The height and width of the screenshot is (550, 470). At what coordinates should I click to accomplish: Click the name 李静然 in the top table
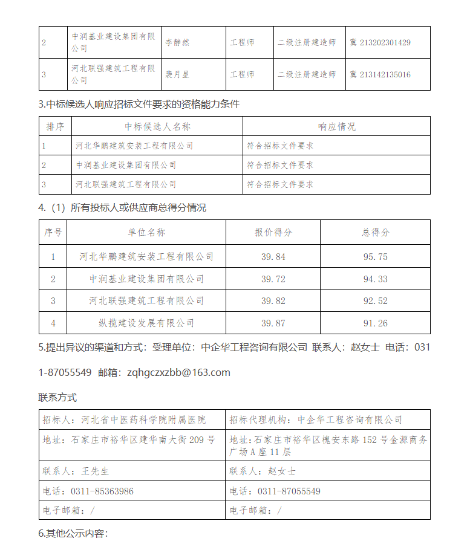pos(178,43)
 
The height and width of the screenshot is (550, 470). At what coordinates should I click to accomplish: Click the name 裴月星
pos(178,74)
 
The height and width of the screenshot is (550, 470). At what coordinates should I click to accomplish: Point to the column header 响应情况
pos(337,126)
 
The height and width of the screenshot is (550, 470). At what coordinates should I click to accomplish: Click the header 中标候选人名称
pos(157,126)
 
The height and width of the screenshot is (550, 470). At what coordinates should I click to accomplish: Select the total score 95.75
pos(375,257)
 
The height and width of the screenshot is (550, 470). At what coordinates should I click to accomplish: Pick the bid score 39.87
pos(273,323)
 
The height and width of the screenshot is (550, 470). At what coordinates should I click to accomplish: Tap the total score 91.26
pos(375,323)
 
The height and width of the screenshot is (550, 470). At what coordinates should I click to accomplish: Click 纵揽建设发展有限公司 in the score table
pos(146,323)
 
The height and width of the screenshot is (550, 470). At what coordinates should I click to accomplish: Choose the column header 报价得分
pos(273,232)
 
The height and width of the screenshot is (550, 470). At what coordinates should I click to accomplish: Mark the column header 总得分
pos(375,232)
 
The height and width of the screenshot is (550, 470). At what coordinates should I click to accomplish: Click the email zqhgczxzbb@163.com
pos(179,372)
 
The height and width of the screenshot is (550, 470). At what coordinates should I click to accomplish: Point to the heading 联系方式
pos(57,398)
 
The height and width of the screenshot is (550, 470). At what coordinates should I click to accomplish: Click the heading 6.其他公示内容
pos(73,534)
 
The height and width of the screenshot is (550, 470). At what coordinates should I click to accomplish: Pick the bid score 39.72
pos(273,279)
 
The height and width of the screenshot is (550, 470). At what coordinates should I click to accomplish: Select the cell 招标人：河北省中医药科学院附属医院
pos(124,419)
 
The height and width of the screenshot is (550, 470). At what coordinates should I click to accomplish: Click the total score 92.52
pos(375,300)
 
